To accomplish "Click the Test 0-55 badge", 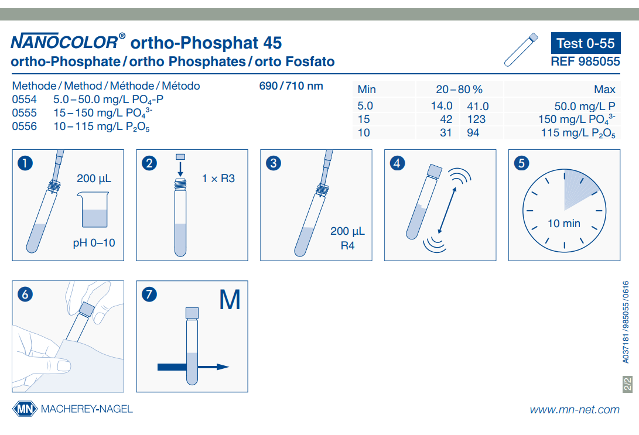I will point(585,43).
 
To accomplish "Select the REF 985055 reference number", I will point(585,61).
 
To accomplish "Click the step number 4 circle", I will point(398,163).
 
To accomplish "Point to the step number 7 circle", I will point(149,294).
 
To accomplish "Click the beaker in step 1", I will point(94,210).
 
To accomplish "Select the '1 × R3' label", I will point(218,178).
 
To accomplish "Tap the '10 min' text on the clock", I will point(563,223).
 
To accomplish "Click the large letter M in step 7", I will point(230,300).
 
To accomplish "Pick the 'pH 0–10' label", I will point(94,242).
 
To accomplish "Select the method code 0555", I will point(24,112).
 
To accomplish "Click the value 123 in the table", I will point(477,119).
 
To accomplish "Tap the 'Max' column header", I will point(604,90).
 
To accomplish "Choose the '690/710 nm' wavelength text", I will point(291,86).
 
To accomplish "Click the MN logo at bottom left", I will point(25,409).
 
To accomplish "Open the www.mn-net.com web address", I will point(574,409).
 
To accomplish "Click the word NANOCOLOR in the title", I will point(64,42).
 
